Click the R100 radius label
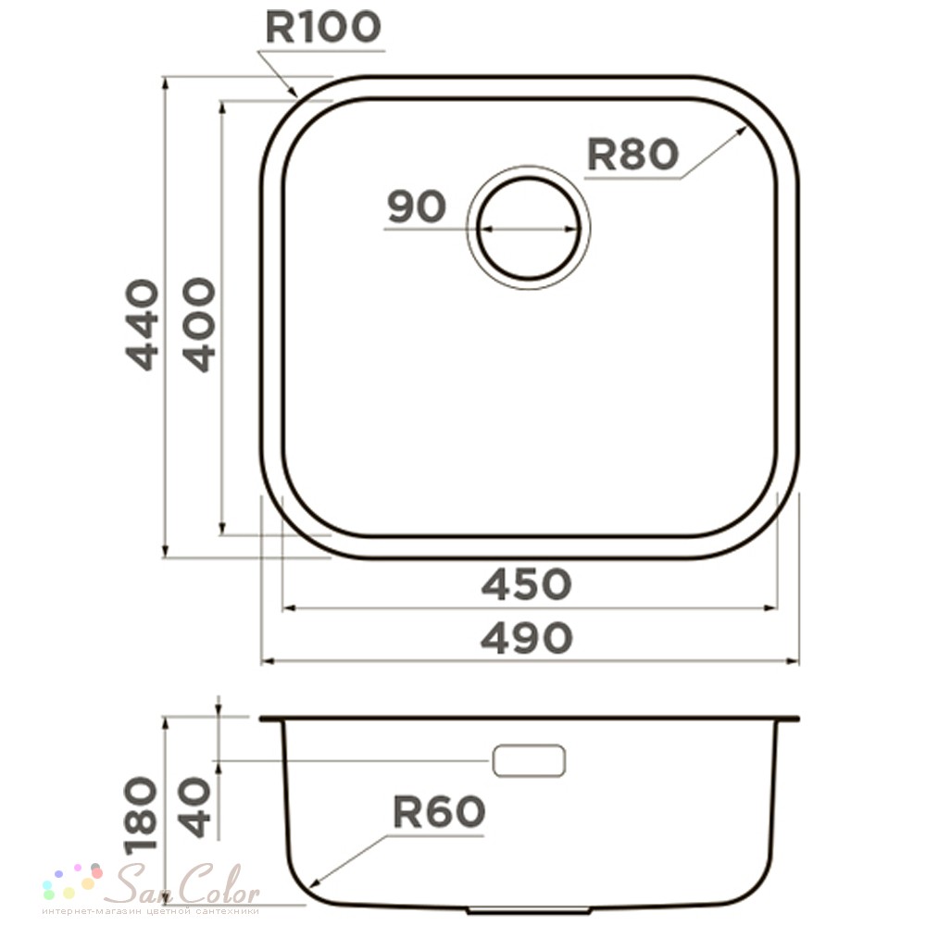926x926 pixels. tap(323, 27)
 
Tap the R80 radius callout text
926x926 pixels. tap(632, 154)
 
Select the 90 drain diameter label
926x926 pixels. tap(417, 206)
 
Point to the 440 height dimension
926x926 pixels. tap(143, 325)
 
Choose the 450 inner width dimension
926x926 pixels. tap(527, 584)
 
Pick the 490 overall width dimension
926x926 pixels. tap(527, 638)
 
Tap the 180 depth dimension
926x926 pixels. tap(142, 814)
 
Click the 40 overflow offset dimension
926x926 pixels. tap(194, 807)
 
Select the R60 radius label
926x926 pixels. tap(439, 812)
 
